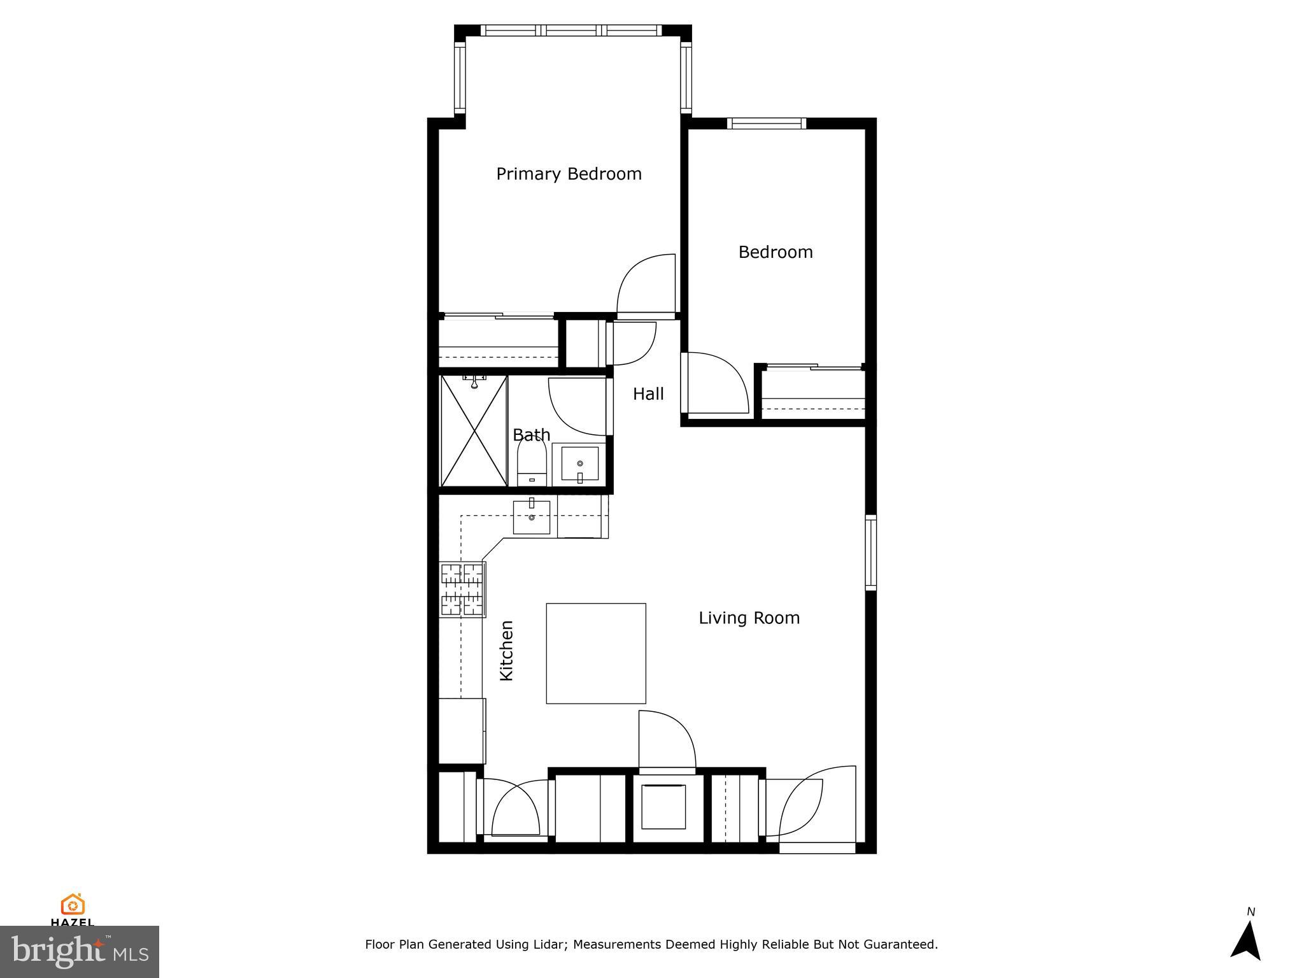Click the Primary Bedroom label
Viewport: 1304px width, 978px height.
[x=569, y=174]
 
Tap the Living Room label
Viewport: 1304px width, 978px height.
[x=749, y=618]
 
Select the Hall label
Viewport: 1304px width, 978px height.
[x=648, y=394]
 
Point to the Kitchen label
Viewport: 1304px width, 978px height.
[x=507, y=651]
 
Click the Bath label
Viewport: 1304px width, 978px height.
[x=531, y=435]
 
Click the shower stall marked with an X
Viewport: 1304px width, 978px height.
[x=474, y=431]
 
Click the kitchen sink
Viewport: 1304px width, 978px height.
[x=532, y=517]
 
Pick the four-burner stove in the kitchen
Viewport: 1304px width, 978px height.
[x=462, y=590]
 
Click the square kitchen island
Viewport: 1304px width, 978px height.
[x=596, y=653]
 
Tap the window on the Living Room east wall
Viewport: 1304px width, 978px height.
[x=870, y=552]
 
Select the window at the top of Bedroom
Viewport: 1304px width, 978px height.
[x=767, y=124]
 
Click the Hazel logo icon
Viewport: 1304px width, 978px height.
[x=73, y=905]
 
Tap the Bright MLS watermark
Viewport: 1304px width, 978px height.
[x=79, y=951]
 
